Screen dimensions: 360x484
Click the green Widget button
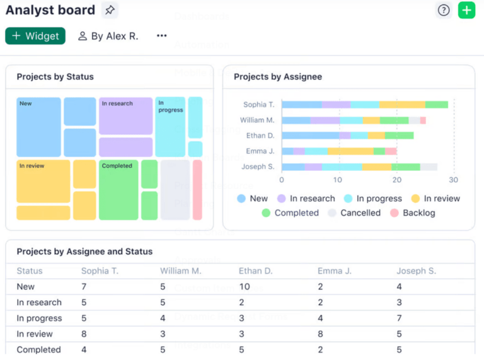pos(35,36)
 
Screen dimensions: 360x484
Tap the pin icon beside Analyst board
pos(110,10)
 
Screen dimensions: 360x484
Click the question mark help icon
pos(444,10)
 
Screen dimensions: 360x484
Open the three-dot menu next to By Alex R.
pos(162,36)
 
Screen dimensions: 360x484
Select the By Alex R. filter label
pos(108,36)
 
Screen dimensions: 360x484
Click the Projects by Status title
pos(55,77)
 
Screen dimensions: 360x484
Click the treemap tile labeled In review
pos(43,182)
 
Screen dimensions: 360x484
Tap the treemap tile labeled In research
pos(125,115)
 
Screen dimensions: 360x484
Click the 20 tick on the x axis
pos(396,180)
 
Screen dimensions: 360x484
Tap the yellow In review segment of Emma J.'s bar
pos(350,151)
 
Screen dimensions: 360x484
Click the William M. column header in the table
pos(180,271)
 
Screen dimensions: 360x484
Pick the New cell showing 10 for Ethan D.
pos(245,287)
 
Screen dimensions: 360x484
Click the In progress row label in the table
pos(39,318)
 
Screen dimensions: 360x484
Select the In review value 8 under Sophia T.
pos(84,334)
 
